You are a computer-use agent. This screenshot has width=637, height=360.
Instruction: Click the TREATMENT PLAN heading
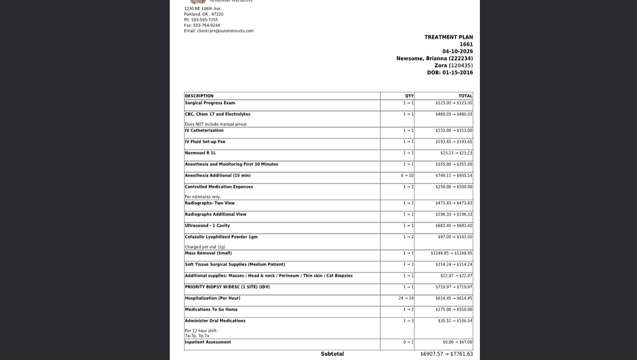448,37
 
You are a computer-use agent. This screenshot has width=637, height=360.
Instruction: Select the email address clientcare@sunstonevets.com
225,31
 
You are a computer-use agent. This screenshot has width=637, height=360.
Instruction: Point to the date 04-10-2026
457,51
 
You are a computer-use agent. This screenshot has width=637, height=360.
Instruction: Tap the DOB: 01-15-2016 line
449,73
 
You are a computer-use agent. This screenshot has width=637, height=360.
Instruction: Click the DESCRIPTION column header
199,96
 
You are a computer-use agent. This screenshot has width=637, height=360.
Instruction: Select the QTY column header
409,96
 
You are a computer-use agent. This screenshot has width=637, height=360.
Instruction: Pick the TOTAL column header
465,96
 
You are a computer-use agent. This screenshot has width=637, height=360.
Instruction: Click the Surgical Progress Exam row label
210,103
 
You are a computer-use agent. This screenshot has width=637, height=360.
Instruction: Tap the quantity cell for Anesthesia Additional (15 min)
407,175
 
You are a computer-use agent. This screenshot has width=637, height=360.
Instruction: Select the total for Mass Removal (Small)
451,253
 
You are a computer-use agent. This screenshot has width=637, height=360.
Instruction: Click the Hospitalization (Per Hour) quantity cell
406,298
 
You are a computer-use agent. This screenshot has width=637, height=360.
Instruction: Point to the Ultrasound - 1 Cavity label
207,226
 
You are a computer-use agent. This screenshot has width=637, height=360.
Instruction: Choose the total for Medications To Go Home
454,309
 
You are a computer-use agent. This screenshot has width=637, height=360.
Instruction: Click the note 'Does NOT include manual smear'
216,124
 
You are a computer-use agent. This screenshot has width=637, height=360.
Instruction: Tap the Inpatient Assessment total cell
457,342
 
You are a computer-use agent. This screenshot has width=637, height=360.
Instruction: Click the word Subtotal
332,354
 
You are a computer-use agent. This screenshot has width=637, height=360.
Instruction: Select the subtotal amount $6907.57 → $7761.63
446,354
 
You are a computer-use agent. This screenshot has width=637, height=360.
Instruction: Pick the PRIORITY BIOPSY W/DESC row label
227,287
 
